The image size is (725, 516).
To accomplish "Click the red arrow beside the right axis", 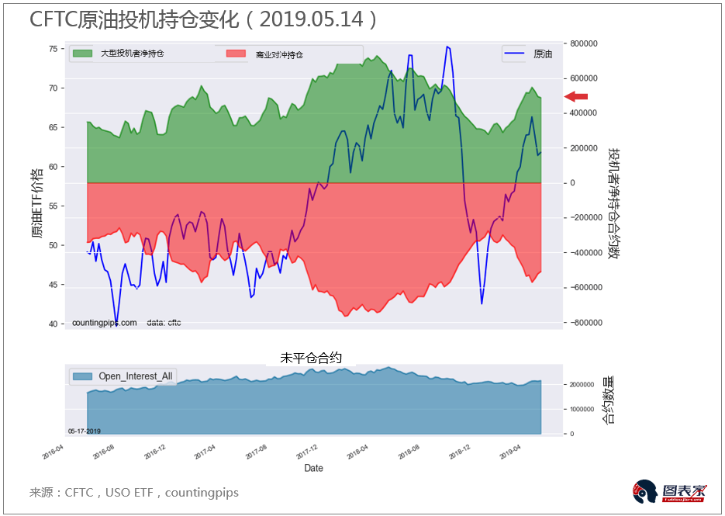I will coord(576,96).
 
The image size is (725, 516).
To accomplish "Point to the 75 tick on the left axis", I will coord(53,49).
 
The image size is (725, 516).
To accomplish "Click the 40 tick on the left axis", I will coord(53,324).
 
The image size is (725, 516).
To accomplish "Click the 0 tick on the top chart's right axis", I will coord(571,183).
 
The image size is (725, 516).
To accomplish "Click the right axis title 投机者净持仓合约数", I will coord(613,203).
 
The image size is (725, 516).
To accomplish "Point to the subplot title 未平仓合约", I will coord(311,358).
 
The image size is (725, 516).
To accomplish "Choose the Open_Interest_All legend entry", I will coord(124,376).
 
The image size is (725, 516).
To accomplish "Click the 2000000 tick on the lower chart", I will coord(586,385).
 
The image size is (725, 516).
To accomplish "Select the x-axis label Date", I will coord(313,468).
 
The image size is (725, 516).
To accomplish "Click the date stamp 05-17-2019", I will coord(84,431).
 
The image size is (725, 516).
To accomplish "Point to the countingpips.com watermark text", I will coord(104,323).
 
